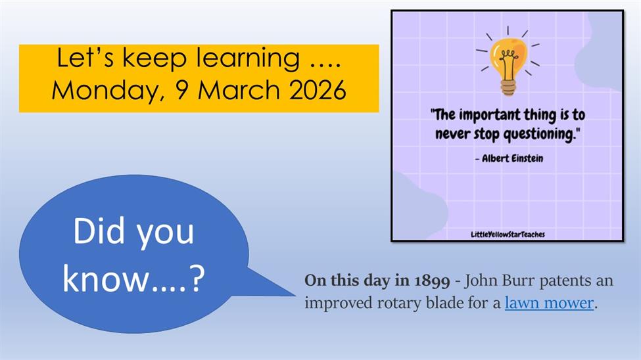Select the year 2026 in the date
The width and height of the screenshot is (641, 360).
click(318, 89)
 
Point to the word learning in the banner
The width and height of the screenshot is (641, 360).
click(248, 59)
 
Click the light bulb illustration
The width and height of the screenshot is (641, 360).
click(508, 61)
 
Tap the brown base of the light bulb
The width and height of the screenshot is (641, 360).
click(508, 87)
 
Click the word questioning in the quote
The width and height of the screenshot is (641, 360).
click(539, 135)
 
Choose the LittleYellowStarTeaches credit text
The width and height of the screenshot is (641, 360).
click(508, 234)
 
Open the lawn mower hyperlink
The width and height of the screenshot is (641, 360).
click(549, 304)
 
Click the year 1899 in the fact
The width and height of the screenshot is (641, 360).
click(432, 281)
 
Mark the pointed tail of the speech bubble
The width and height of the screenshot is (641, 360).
click(295, 294)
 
